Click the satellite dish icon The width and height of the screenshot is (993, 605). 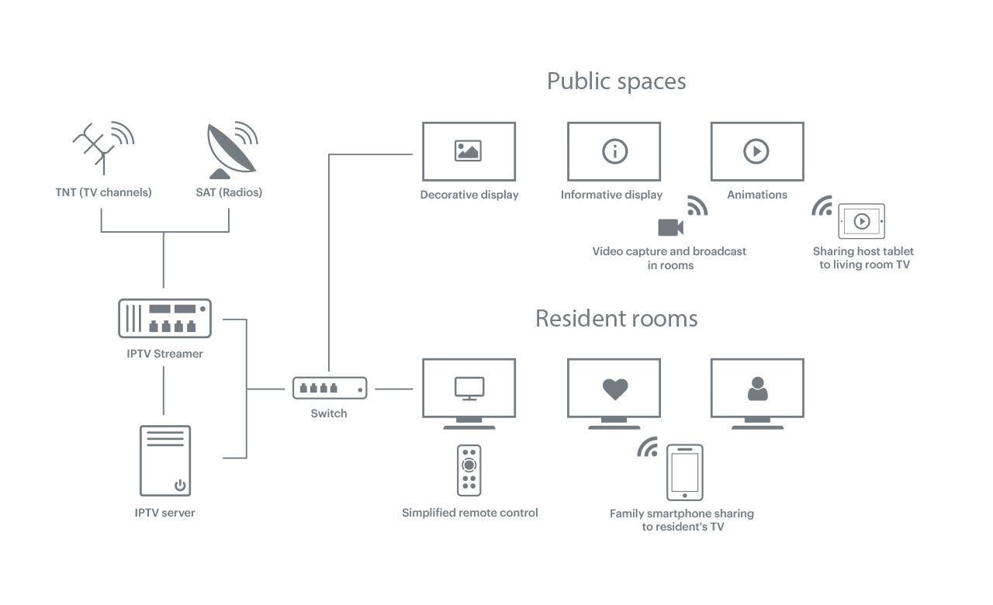pos(230,150)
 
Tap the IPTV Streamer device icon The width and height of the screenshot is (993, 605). pos(164,318)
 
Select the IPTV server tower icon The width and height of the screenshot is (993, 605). pos(164,461)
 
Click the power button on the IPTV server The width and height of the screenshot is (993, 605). pos(180,486)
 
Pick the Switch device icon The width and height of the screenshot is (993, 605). pos(329,388)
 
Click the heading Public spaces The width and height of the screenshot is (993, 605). pos(616,81)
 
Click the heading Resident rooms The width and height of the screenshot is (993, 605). pos(616,319)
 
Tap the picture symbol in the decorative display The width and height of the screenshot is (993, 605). pos(469,150)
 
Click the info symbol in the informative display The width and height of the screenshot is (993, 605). pos(614,150)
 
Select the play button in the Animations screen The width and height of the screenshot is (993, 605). pos(756,150)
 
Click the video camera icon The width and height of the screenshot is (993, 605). pos(670,227)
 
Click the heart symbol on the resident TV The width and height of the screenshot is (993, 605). pos(614,389)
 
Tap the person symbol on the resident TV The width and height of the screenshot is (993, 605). pos(756,389)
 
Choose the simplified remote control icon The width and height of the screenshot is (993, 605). pos(469,471)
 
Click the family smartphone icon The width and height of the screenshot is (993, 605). pos(685,472)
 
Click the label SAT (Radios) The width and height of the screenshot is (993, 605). pos(229,192)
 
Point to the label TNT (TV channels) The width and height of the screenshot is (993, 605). pos(103,192)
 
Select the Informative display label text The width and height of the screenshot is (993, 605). pos(611,195)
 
